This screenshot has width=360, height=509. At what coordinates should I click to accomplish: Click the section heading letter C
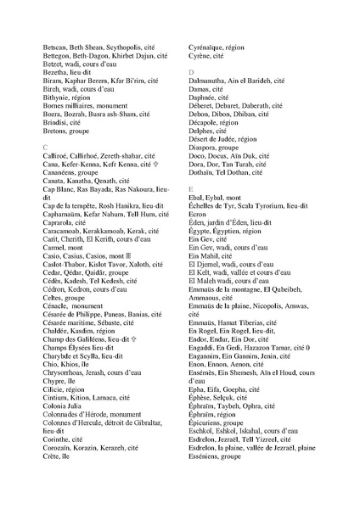tap(45, 148)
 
